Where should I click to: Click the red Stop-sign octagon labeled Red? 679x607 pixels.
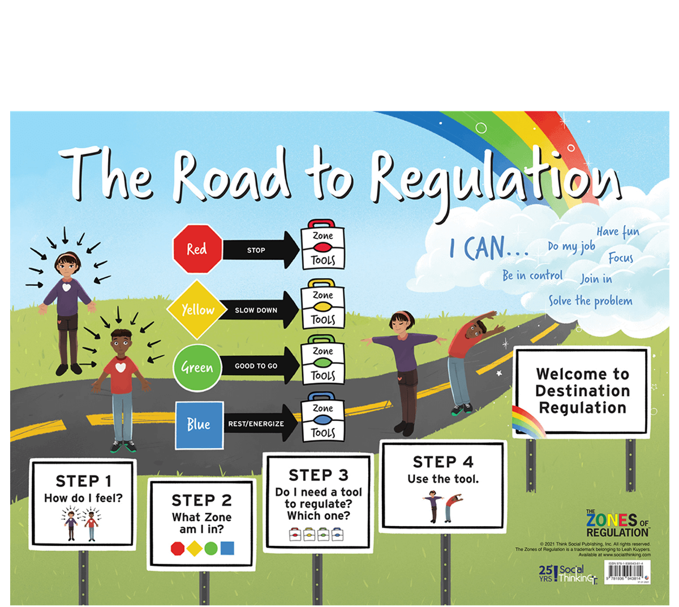pyautogui.click(x=197, y=249)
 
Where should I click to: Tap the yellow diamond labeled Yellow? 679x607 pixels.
pyautogui.click(x=197, y=309)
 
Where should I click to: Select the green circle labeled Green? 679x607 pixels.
pyautogui.click(x=197, y=367)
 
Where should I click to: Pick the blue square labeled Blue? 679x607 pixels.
pyautogui.click(x=199, y=424)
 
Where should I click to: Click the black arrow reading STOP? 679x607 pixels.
pyautogui.click(x=260, y=250)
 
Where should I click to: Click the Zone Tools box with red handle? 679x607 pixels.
pyautogui.click(x=323, y=246)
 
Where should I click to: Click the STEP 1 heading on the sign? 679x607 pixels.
pyautogui.click(x=84, y=481)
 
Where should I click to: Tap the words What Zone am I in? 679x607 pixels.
pyautogui.click(x=201, y=523)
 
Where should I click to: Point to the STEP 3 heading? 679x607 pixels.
pyautogui.click(x=319, y=475)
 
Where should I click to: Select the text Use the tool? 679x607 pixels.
pyautogui.click(x=443, y=479)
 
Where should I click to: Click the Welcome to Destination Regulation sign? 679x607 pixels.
pyautogui.click(x=582, y=391)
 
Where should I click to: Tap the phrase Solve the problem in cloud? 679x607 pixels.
pyautogui.click(x=590, y=301)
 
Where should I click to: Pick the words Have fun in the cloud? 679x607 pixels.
pyautogui.click(x=618, y=232)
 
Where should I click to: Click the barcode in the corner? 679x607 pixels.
pyautogui.click(x=625, y=571)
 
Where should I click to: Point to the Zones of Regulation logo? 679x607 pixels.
pyautogui.click(x=617, y=524)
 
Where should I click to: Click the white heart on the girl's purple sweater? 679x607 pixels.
pyautogui.click(x=67, y=287)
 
